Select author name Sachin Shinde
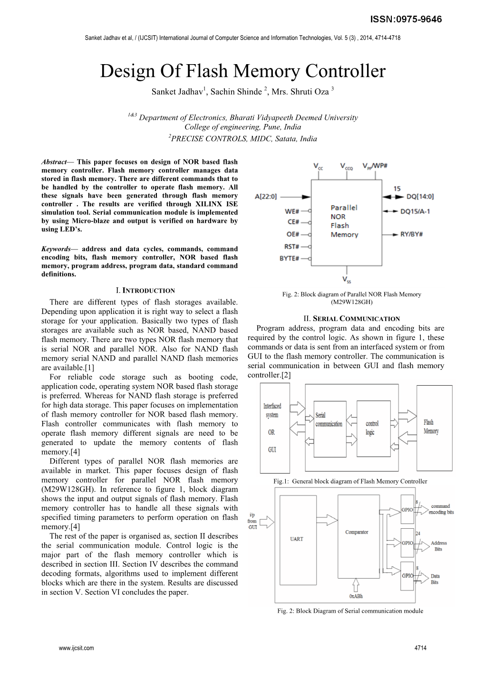click(x=236, y=92)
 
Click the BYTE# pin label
click(x=290, y=258)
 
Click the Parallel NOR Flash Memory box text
click(x=344, y=221)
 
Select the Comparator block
click(x=357, y=532)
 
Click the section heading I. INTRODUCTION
click(x=145, y=290)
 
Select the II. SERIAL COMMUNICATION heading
click(x=351, y=319)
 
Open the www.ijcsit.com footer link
click(x=76, y=647)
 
